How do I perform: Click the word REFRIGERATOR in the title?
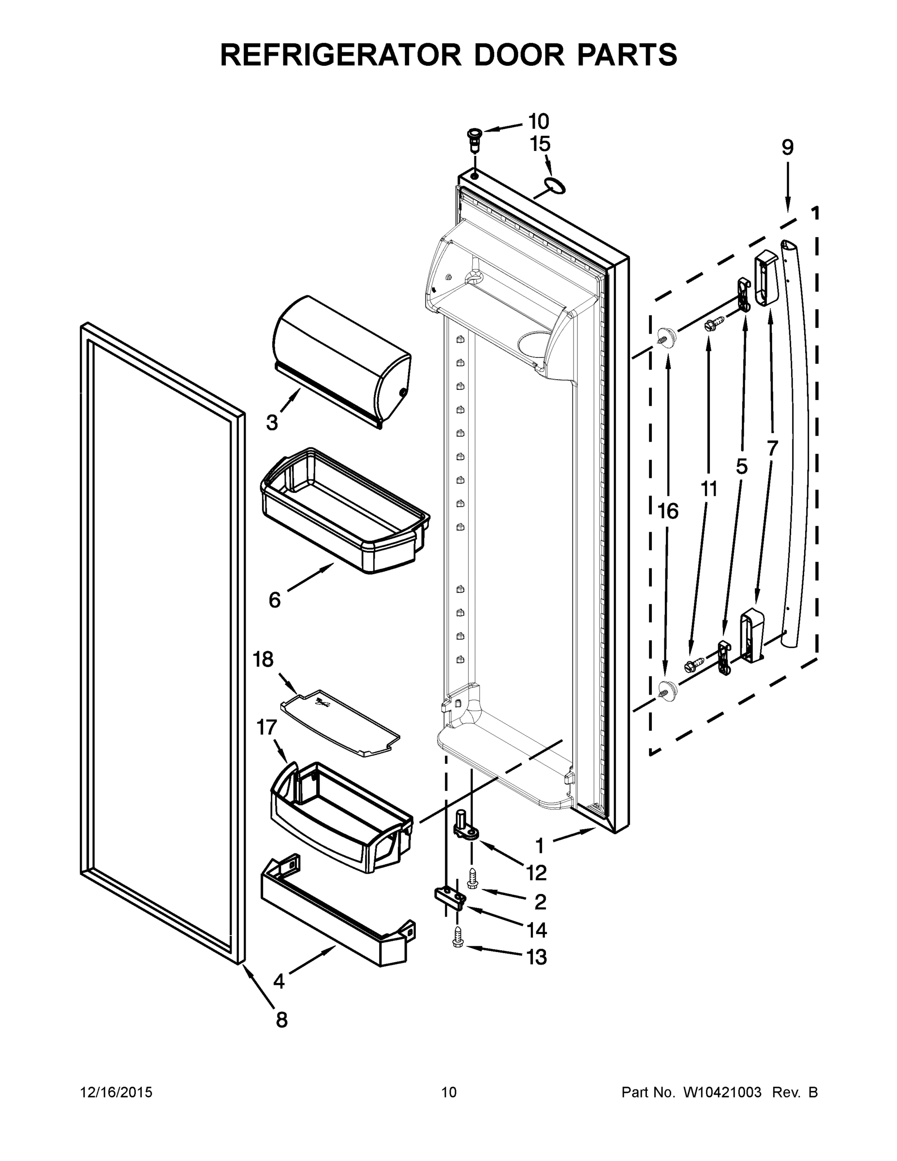tap(340, 54)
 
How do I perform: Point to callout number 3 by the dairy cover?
tap(272, 423)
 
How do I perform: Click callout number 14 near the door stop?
tap(536, 930)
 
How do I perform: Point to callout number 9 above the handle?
tap(787, 147)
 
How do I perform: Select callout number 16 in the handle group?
tap(668, 511)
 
